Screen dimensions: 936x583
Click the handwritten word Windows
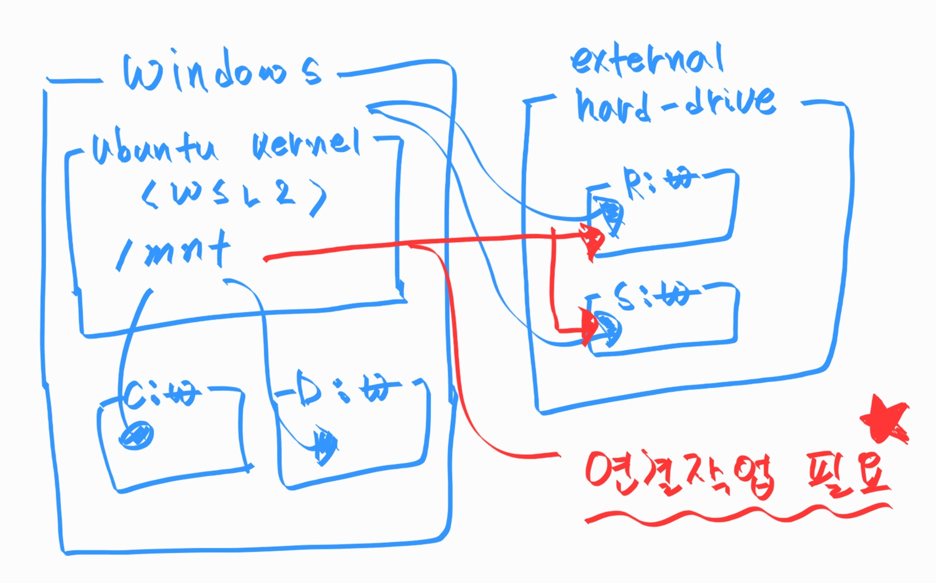point(220,73)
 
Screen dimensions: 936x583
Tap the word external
point(647,61)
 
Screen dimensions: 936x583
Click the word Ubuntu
point(154,147)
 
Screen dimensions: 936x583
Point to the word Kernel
point(306,144)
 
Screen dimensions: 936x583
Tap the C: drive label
point(160,393)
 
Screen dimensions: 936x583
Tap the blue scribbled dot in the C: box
point(136,436)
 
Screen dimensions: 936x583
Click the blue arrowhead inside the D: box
point(325,443)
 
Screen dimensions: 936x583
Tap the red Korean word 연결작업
point(680,474)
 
